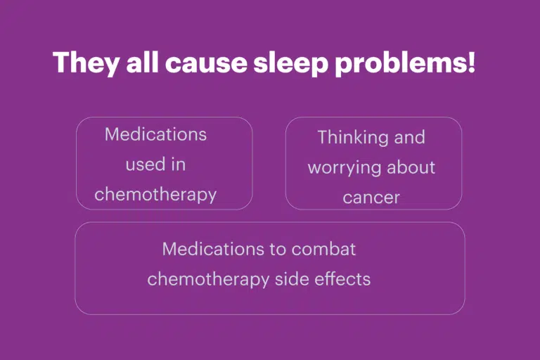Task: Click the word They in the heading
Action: tap(86, 63)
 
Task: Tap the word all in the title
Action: tap(142, 62)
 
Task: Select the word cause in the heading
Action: tap(206, 64)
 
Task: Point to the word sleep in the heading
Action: tap(290, 64)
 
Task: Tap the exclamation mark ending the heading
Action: tap(472, 62)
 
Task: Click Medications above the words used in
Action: tap(155, 134)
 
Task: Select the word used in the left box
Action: tap(141, 165)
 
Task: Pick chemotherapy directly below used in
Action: tap(155, 195)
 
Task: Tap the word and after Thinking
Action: tap(410, 137)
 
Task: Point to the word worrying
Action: tap(344, 168)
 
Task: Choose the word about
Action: tap(411, 167)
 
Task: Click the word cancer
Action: tap(371, 198)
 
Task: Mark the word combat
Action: tap(323, 249)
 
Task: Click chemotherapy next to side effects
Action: tap(208, 279)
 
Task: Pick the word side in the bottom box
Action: tap(291, 278)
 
